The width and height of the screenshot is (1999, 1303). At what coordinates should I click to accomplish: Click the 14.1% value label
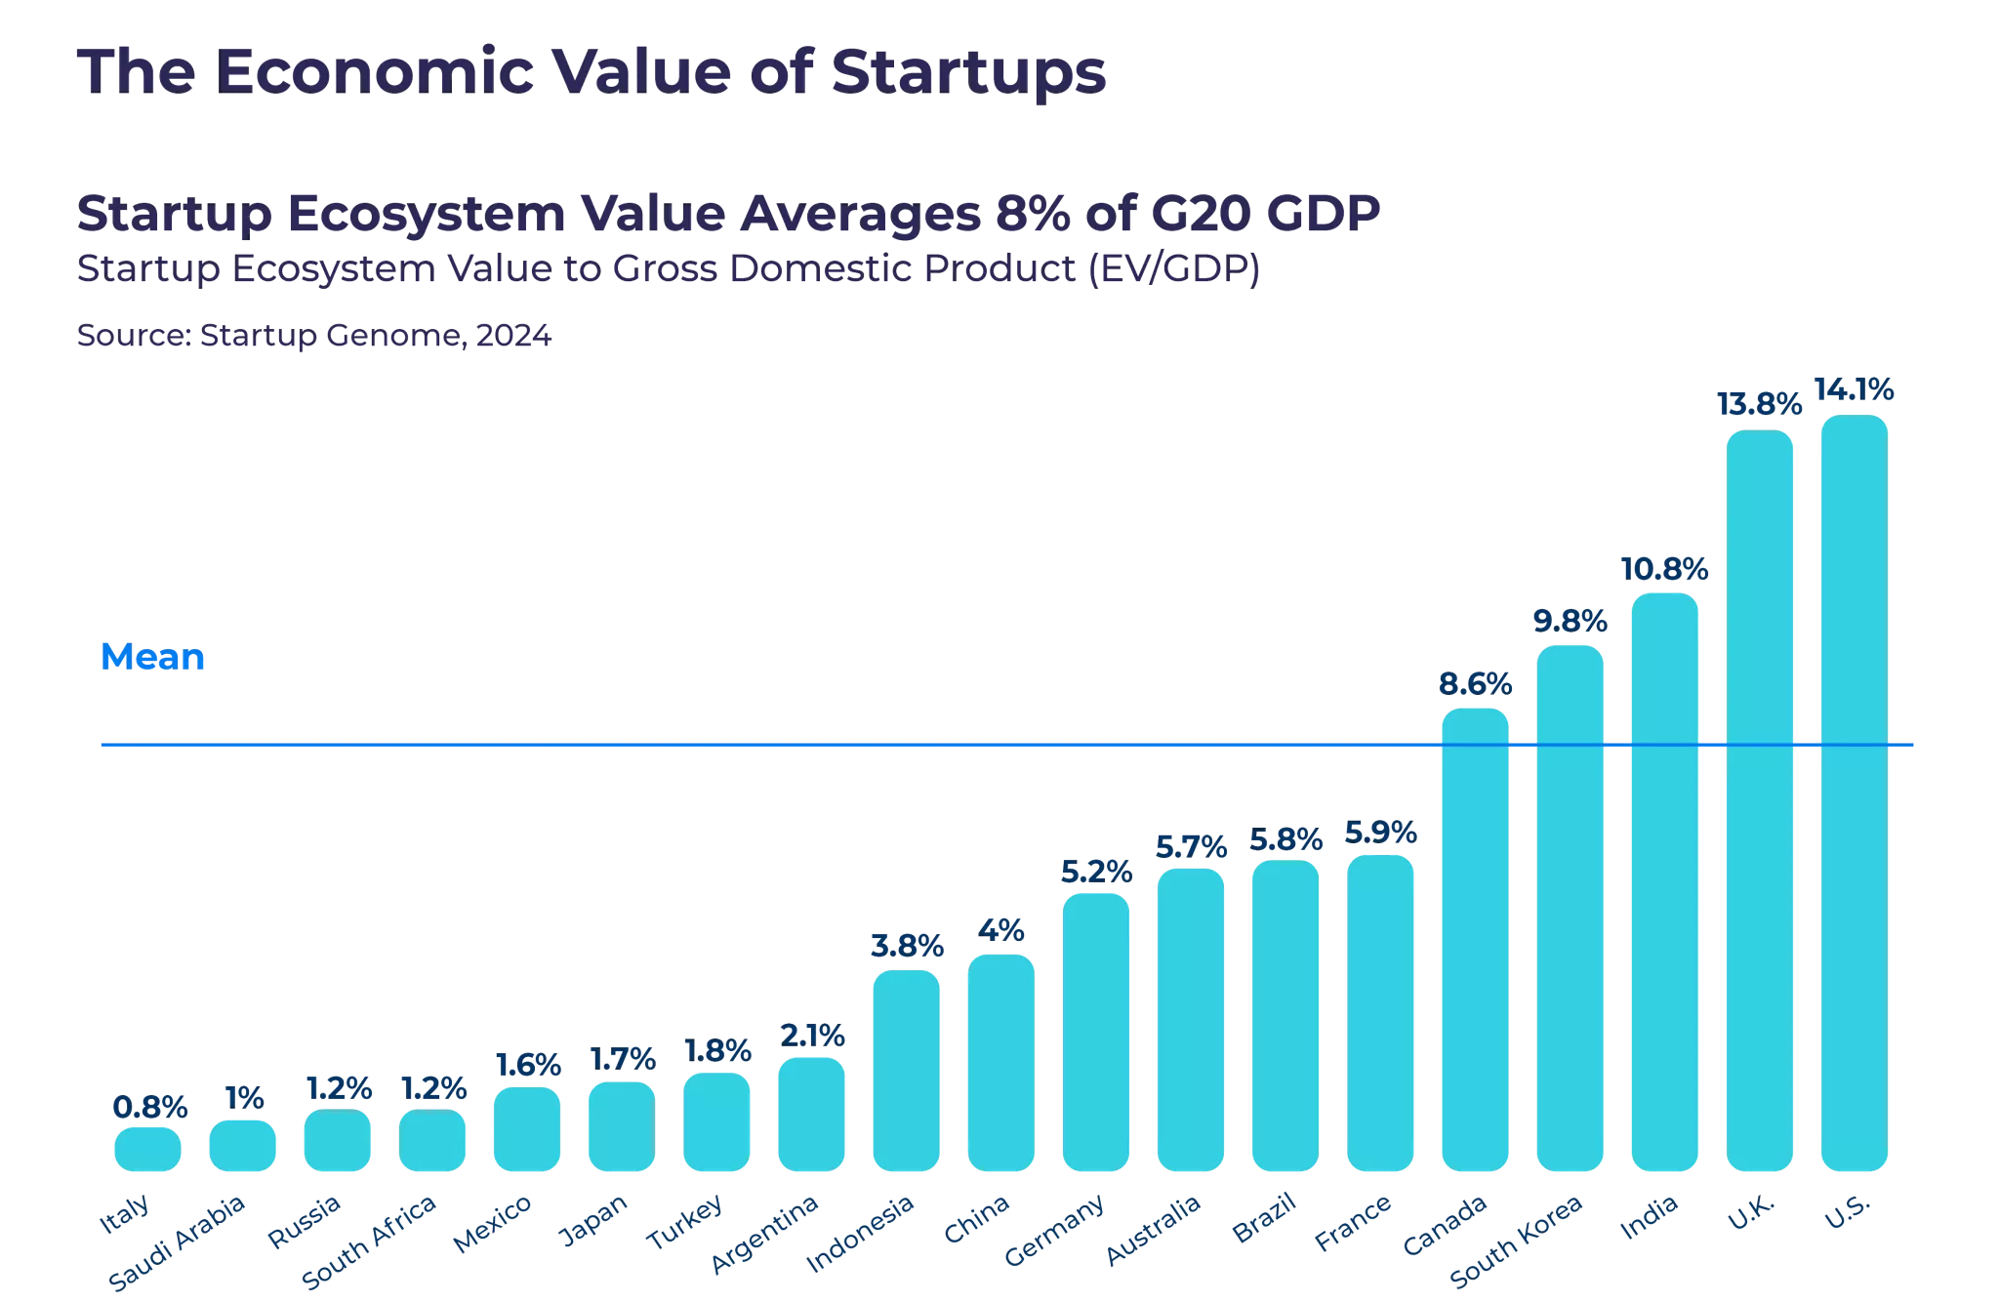(x=1854, y=391)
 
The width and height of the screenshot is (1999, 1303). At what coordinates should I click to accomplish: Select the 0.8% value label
(x=149, y=1107)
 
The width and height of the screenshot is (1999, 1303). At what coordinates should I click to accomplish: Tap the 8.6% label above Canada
(x=1475, y=684)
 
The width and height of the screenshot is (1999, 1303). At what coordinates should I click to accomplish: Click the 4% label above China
(x=1000, y=930)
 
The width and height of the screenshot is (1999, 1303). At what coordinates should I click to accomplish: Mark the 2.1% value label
(x=810, y=1036)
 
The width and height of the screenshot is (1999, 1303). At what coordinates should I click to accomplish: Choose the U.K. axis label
(x=1752, y=1213)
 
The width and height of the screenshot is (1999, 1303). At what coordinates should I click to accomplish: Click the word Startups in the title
(x=967, y=72)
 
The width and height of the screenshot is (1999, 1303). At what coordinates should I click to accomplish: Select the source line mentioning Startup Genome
(x=314, y=337)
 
